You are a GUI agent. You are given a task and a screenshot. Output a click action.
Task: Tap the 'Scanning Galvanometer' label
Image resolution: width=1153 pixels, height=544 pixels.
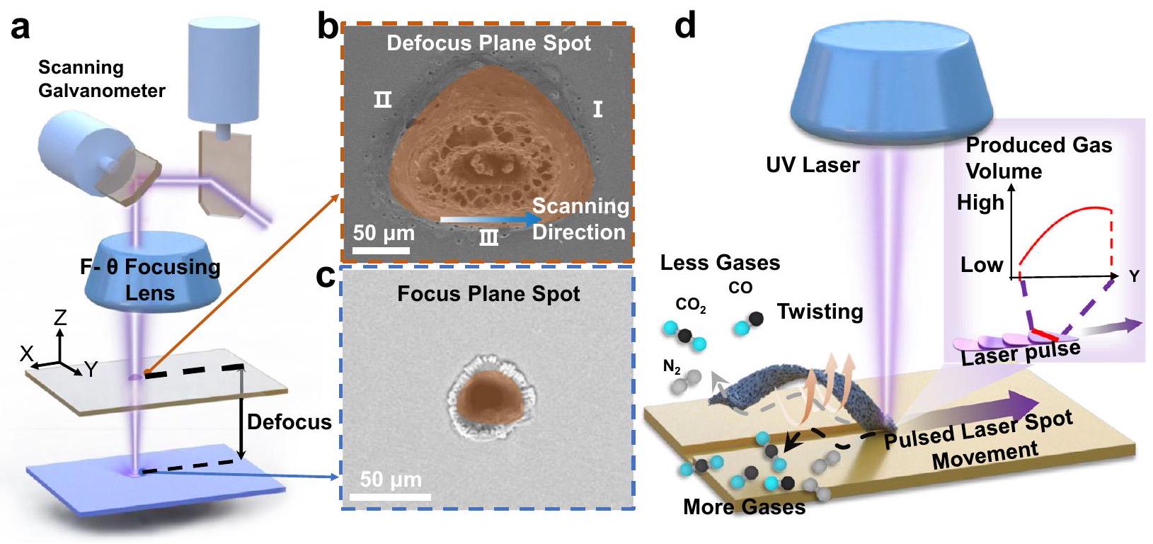click(101, 79)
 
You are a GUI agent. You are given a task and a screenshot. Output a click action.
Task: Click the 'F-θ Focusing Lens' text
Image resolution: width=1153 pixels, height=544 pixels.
click(150, 279)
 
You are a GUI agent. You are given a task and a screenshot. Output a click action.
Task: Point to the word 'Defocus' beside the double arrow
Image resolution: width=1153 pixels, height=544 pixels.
click(289, 422)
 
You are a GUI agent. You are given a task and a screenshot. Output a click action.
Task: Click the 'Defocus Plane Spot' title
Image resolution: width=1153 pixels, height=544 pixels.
click(488, 43)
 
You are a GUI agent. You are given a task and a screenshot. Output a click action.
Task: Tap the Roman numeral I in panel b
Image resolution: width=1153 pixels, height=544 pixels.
click(597, 109)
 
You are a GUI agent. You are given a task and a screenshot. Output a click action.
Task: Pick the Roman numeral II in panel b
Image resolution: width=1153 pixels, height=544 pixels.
click(382, 100)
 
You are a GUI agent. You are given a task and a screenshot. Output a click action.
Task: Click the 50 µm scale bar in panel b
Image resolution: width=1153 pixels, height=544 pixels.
click(382, 249)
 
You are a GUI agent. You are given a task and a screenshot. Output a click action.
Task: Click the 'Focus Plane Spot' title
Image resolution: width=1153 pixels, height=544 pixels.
click(488, 294)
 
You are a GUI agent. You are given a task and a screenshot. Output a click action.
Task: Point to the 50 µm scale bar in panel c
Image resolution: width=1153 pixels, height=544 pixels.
click(390, 495)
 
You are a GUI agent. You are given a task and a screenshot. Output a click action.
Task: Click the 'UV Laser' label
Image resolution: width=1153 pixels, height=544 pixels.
click(813, 165)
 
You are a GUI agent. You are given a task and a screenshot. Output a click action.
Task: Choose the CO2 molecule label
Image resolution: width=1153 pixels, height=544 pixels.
click(690, 305)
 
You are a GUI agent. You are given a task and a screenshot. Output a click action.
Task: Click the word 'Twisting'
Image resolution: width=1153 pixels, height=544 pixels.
click(820, 312)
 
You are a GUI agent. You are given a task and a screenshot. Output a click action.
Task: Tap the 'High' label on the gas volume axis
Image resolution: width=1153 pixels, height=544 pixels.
click(980, 203)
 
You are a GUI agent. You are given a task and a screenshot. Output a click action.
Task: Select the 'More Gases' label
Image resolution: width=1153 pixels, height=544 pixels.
click(744, 507)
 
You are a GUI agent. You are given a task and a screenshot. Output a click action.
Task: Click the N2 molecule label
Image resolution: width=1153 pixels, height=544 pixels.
click(672, 366)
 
